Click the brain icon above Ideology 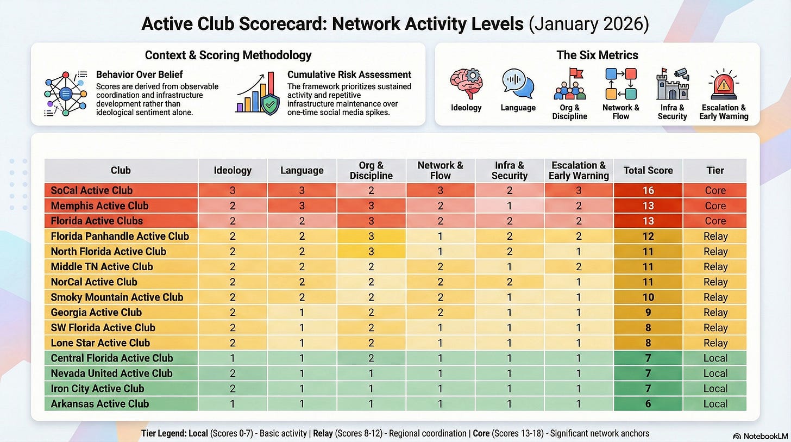pyautogui.click(x=466, y=83)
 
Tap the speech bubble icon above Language pyautogui.click(x=518, y=83)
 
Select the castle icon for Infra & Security pyautogui.click(x=673, y=83)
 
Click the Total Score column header pyautogui.click(x=648, y=170)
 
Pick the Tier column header pyautogui.click(x=715, y=170)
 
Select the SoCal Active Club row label pyautogui.click(x=92, y=190)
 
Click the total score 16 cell pyautogui.click(x=648, y=190)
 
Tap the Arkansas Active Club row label pyautogui.click(x=99, y=403)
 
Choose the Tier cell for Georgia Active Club pyautogui.click(x=715, y=312)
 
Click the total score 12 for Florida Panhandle pyautogui.click(x=648, y=236)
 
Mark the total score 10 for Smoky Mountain pyautogui.click(x=648, y=297)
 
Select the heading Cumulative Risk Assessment pyautogui.click(x=349, y=74)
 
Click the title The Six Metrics pyautogui.click(x=597, y=55)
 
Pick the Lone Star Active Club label pyautogui.click(x=101, y=343)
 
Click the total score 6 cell pyautogui.click(x=648, y=403)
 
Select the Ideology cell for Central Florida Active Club pyautogui.click(x=233, y=358)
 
